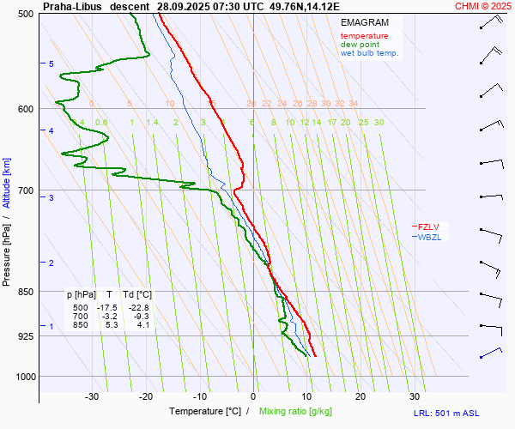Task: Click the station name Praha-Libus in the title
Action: coord(72,6)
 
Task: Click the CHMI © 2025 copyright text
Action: coord(482,6)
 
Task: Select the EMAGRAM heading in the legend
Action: coord(364,22)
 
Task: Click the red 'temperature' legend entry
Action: coord(364,36)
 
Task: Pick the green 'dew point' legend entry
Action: coord(360,45)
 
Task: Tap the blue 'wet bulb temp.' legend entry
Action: coord(369,53)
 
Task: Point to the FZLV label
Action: coord(427,227)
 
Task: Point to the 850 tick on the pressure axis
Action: coord(25,292)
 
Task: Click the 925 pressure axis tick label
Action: coord(25,335)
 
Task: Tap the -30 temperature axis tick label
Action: coord(92,396)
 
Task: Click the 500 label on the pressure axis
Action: coord(25,15)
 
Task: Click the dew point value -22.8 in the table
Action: coord(138,307)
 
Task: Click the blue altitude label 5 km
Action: coord(51,64)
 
